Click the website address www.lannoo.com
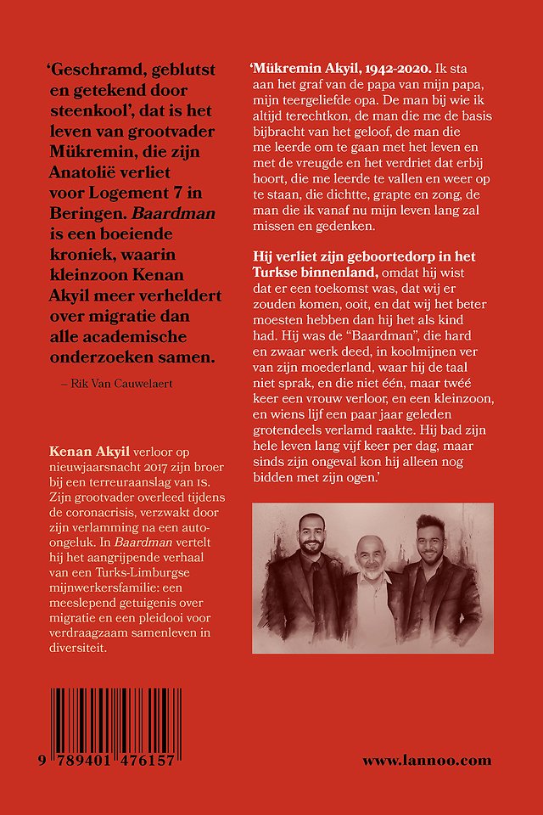pyautogui.click(x=427, y=761)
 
